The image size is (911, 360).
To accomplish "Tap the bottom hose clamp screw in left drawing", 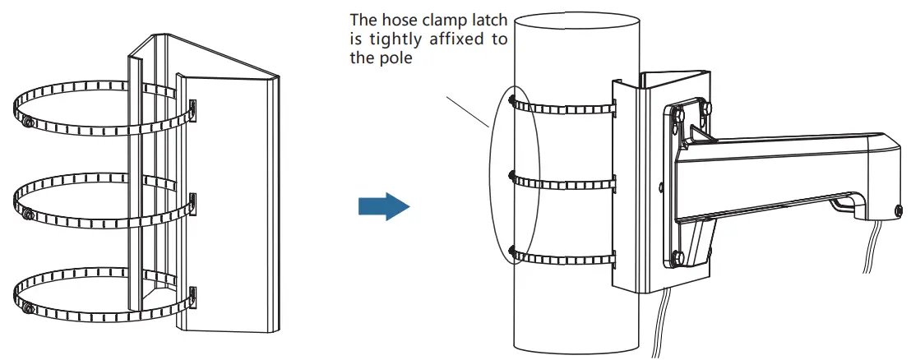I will [30, 309].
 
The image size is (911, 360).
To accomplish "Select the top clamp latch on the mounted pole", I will [512, 102].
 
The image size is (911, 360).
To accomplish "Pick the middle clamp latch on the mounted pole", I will [512, 175].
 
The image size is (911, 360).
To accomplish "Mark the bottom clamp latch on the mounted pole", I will [512, 249].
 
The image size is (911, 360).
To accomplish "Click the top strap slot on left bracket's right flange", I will [193, 109].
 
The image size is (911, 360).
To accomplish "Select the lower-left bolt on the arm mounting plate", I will [675, 256].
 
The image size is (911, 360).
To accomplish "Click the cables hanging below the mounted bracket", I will [662, 325].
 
